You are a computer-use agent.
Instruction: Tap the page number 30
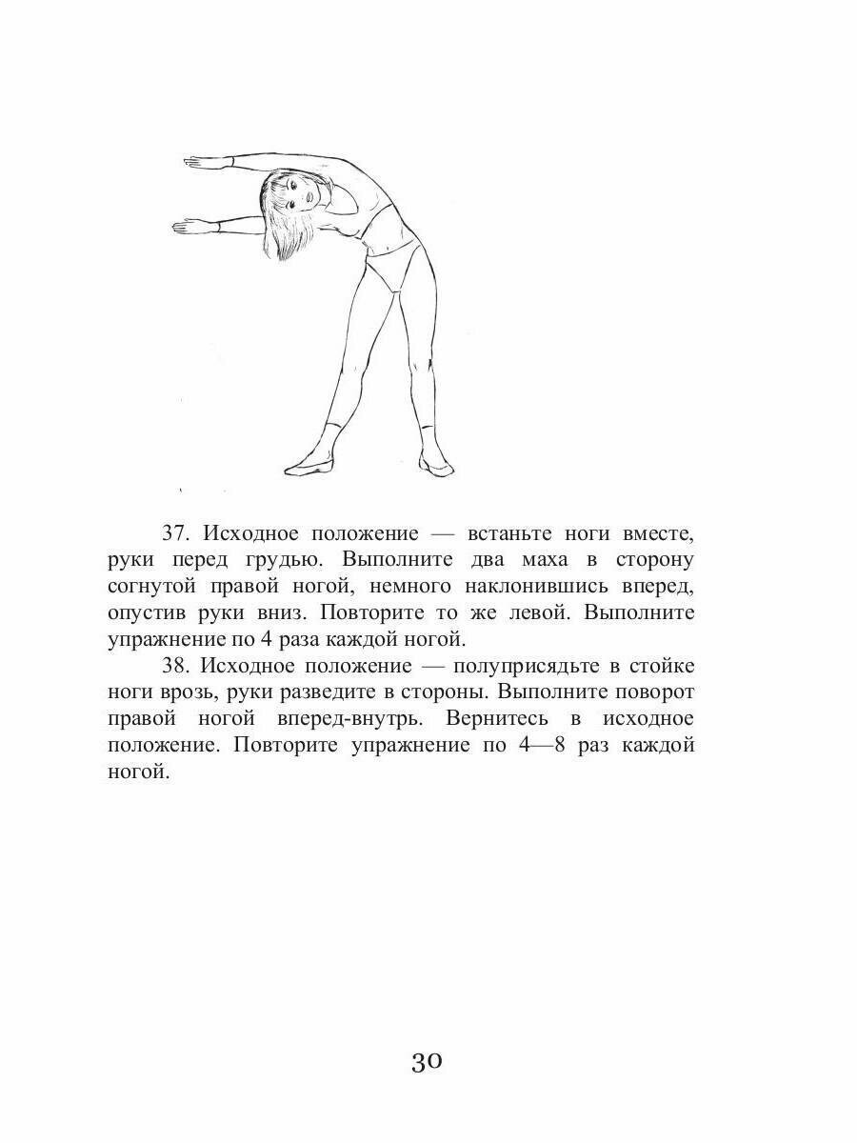pos(428,1061)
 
